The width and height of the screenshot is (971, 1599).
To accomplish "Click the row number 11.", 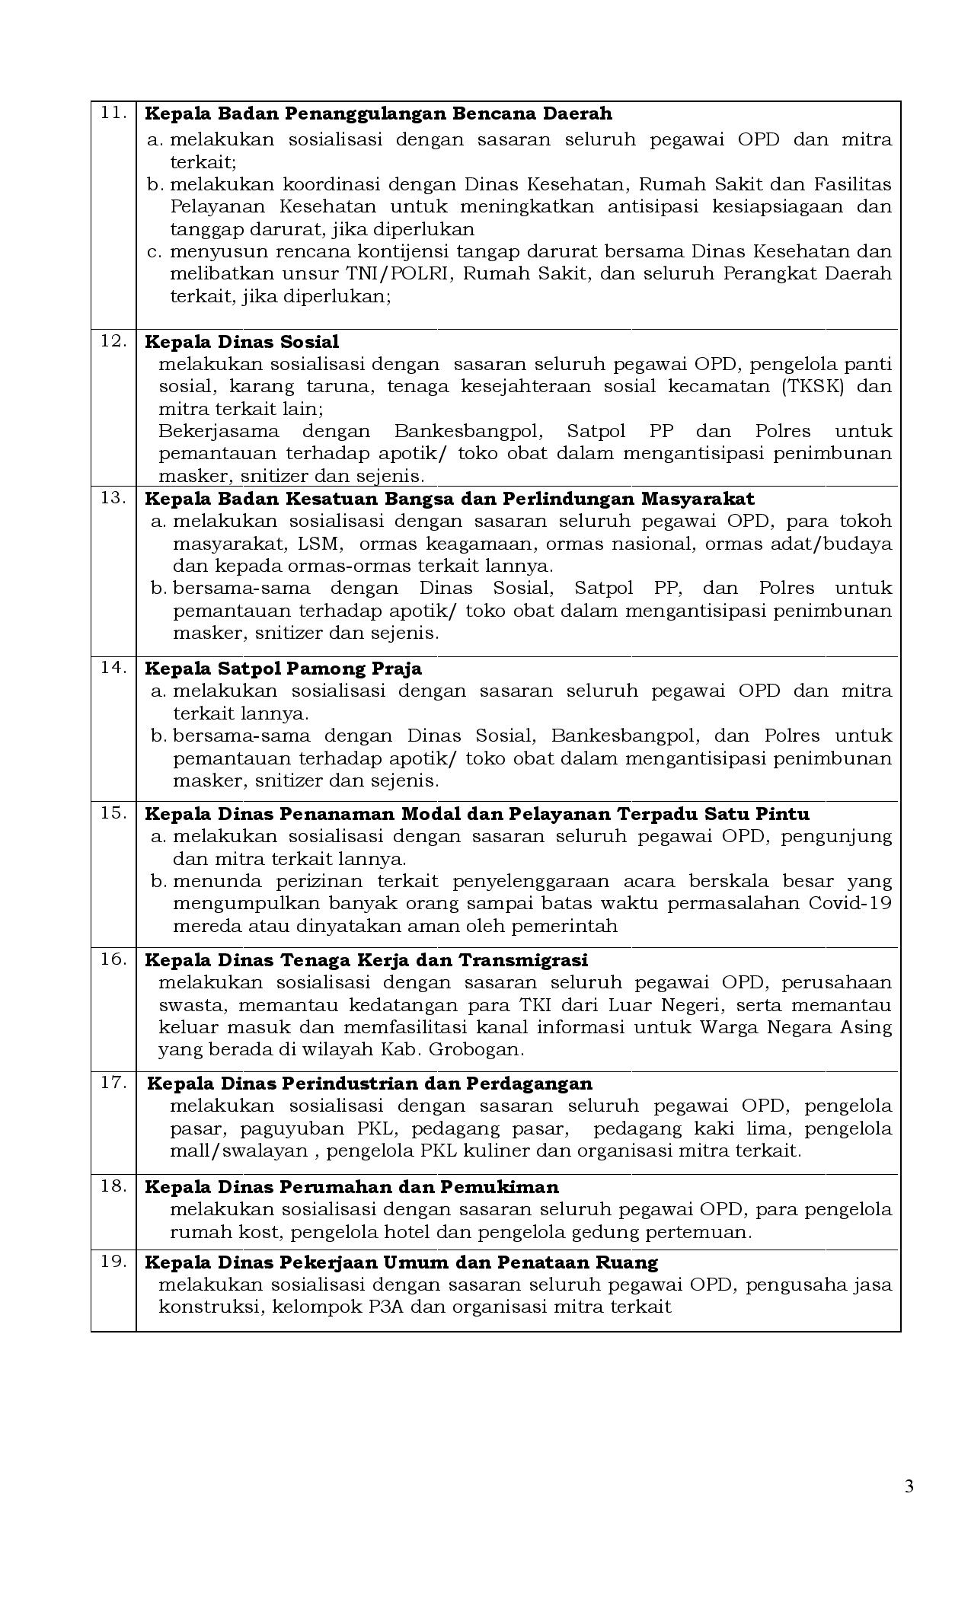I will click(x=113, y=113).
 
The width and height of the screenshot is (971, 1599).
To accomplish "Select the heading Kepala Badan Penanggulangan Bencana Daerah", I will click(x=378, y=113).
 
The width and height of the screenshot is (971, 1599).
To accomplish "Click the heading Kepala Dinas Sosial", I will click(x=241, y=342).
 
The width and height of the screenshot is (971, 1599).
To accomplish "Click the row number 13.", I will click(x=113, y=498).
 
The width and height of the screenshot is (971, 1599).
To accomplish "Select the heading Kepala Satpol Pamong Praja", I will click(x=283, y=669).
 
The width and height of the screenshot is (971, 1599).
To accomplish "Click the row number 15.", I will click(x=113, y=812).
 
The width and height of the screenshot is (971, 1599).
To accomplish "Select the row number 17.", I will click(x=113, y=1082).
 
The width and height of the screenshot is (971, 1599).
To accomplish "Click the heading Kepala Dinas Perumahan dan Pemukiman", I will click(x=351, y=1187).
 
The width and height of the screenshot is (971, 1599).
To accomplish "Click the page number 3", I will click(x=909, y=1486).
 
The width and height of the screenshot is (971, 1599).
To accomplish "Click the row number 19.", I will click(x=113, y=1262).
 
